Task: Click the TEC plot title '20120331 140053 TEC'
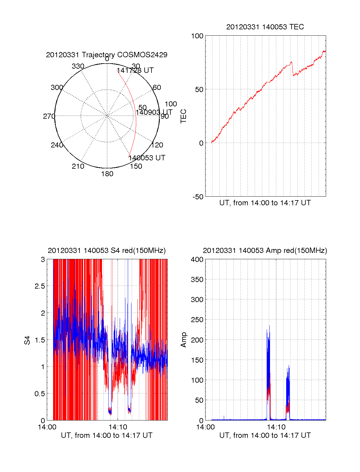(x=265, y=27)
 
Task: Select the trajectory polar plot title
(x=106, y=55)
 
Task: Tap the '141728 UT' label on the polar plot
(x=135, y=70)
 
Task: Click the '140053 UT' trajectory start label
(x=147, y=158)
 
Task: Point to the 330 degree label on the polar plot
(x=78, y=66)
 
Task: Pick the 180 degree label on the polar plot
(x=107, y=174)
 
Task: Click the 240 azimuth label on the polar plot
(x=57, y=145)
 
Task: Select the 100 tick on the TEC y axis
(x=197, y=36)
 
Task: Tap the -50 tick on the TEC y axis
(x=198, y=197)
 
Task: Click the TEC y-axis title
(x=183, y=116)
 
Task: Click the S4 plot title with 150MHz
(x=106, y=251)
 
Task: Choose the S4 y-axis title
(x=27, y=340)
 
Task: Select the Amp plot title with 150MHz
(x=265, y=251)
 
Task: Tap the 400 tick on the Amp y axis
(x=197, y=260)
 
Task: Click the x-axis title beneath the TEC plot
(x=265, y=203)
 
